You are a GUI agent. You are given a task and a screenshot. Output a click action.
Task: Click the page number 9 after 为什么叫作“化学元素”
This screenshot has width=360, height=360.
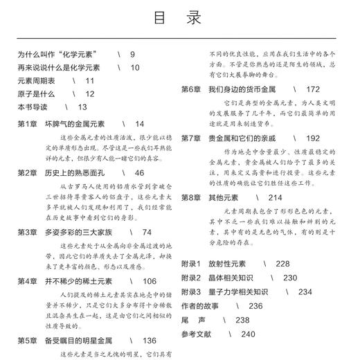click(x=132, y=54)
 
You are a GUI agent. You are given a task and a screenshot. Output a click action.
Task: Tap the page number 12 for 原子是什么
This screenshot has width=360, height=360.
click(x=89, y=93)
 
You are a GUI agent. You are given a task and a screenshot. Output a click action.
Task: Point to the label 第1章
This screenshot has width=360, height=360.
click(x=27, y=124)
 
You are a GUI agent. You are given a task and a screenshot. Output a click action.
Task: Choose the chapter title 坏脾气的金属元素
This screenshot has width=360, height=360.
click(x=75, y=124)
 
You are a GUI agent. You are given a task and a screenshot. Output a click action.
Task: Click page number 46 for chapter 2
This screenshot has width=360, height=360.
click(x=139, y=172)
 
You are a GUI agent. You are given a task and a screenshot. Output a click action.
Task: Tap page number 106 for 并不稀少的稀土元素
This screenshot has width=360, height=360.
click(x=150, y=281)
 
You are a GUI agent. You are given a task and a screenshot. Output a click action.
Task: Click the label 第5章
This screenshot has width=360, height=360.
click(x=27, y=341)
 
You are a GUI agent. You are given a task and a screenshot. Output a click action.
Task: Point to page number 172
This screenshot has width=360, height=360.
click(x=312, y=89)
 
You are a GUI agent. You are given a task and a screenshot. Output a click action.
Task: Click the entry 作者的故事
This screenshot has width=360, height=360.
click(x=203, y=305)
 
